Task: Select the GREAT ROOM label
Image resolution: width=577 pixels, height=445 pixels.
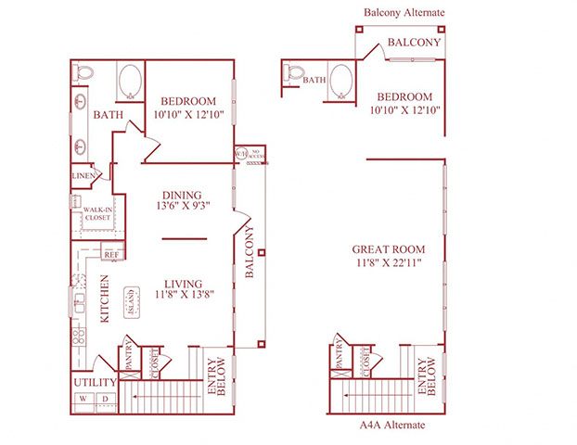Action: point(389,249)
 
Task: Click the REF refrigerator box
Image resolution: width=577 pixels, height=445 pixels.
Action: point(111,253)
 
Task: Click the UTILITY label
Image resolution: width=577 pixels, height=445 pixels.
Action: point(94,382)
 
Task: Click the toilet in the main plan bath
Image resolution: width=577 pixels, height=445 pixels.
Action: point(83,72)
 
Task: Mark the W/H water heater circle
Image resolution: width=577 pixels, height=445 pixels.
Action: point(241,155)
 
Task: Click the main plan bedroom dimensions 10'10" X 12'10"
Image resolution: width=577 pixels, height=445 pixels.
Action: point(188,115)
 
